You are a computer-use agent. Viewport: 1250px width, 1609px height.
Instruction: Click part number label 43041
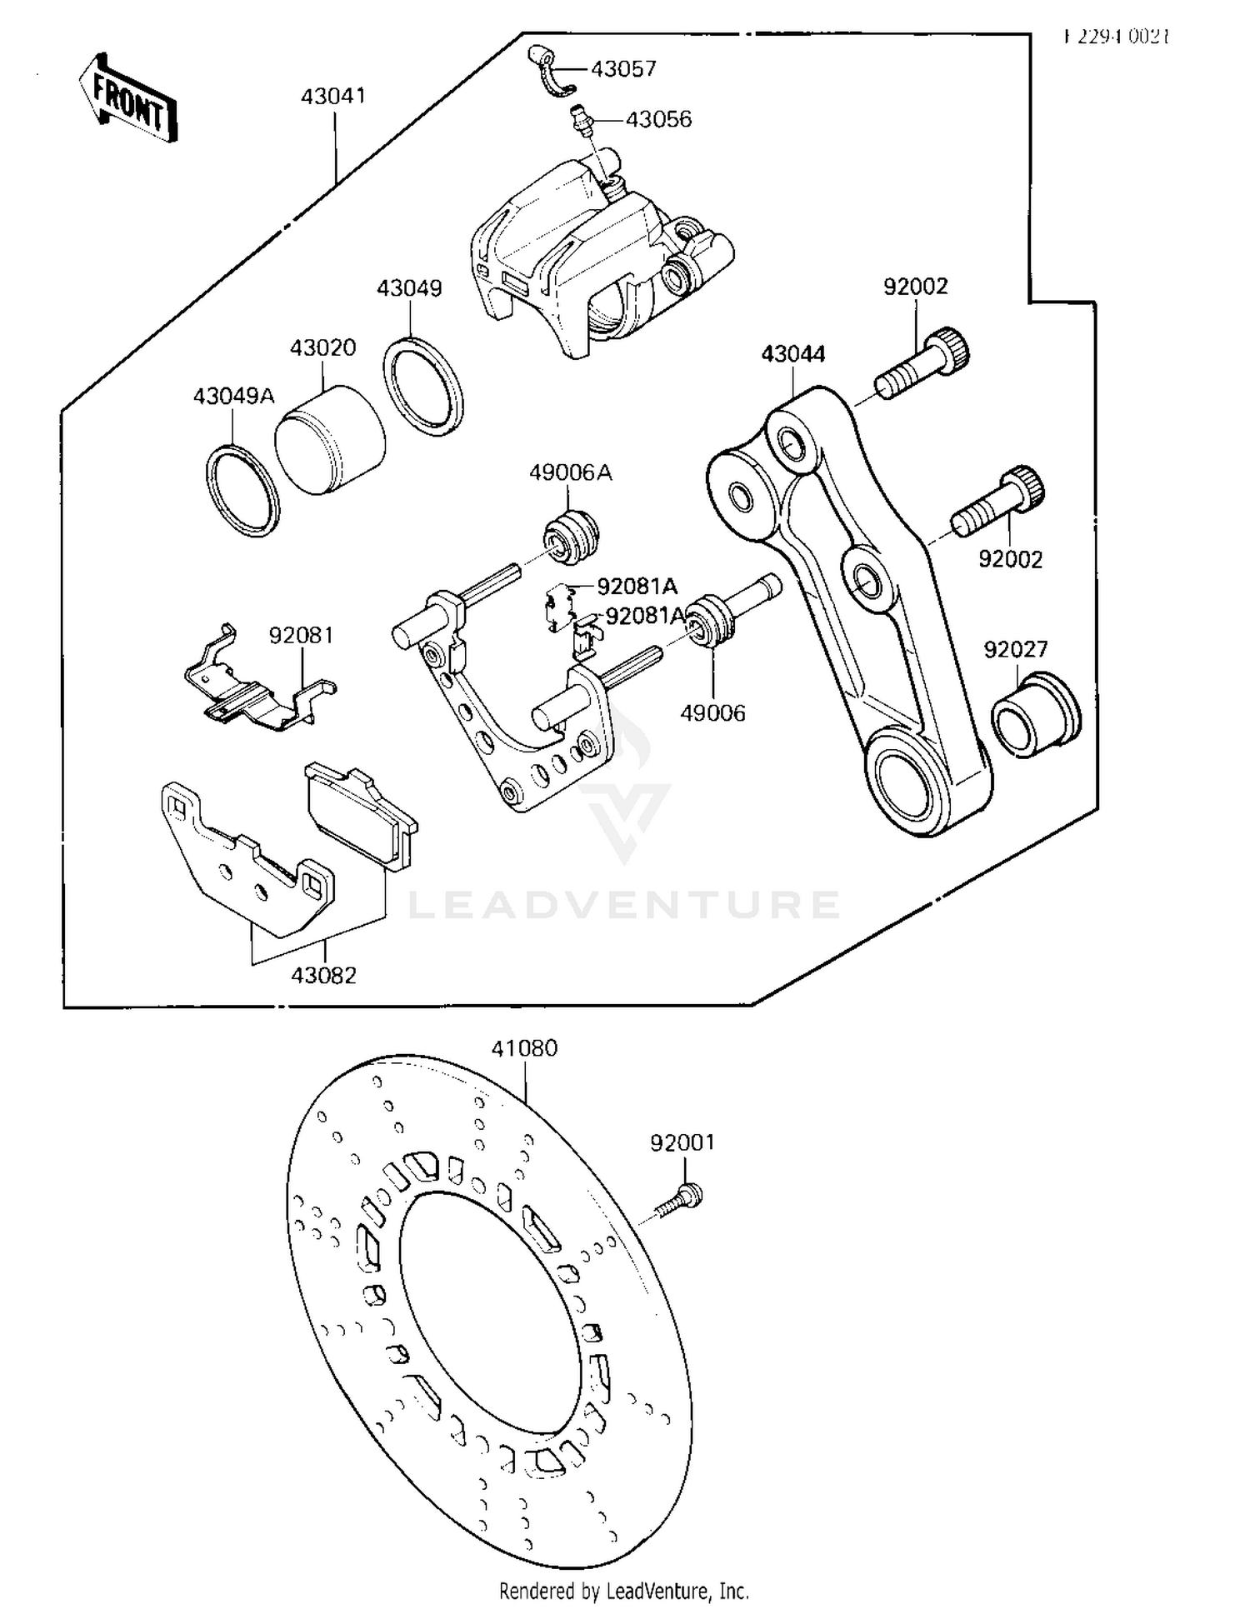(333, 97)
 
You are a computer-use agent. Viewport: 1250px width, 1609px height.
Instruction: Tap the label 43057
(623, 69)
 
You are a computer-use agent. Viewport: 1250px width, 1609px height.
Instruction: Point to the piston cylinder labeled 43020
(329, 440)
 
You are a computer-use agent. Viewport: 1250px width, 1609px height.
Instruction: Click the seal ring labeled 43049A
(242, 491)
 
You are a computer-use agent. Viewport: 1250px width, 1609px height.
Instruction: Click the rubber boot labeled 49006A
(572, 535)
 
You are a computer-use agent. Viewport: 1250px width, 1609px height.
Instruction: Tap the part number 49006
(712, 713)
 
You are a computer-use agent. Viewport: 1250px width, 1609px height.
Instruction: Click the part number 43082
(324, 975)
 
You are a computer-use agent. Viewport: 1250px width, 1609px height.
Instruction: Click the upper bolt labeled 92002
(923, 363)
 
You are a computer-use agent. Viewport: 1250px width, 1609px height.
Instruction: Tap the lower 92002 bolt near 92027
(1000, 504)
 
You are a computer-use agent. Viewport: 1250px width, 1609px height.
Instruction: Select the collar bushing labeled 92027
(1035, 716)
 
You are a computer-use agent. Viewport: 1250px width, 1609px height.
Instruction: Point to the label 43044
(792, 354)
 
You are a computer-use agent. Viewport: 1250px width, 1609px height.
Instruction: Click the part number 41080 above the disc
(524, 1048)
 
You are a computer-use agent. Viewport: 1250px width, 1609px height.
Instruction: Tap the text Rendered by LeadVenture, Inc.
(624, 1590)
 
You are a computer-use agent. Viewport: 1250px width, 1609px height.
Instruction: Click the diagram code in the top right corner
(1117, 37)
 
